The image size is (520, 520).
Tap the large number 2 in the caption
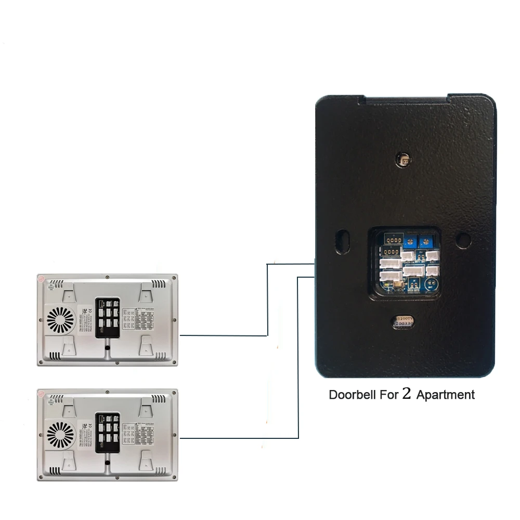407,394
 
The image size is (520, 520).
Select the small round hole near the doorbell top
403,159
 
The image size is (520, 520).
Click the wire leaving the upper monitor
224,335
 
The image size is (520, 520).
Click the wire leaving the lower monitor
239,438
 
